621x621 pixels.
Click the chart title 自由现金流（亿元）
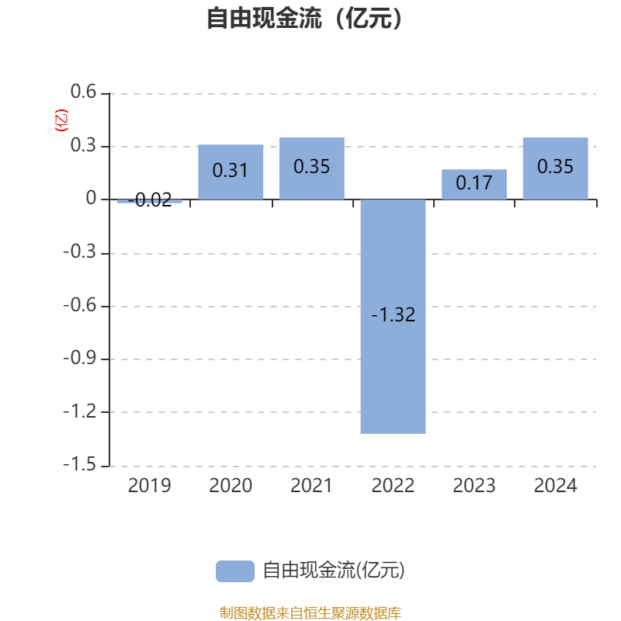(304, 18)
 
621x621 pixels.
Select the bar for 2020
(231, 172)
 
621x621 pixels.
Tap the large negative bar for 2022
(393, 317)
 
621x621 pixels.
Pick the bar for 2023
(474, 184)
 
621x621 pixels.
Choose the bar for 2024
(555, 168)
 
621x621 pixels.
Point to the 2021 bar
(312, 168)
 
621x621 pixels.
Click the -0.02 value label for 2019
(150, 200)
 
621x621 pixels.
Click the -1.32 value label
(394, 315)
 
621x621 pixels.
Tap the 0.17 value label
(474, 182)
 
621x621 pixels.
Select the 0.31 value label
(230, 170)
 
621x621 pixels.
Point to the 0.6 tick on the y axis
(83, 92)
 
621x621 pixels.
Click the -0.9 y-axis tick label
(80, 358)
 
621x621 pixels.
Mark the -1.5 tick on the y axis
(80, 463)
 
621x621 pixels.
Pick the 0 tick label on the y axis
(91, 198)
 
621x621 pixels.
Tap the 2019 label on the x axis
(149, 486)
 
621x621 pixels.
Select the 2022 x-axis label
(393, 486)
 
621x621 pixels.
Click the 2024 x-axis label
(555, 486)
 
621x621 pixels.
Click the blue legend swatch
(235, 571)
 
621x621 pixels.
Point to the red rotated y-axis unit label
(61, 120)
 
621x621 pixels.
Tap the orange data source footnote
(310, 612)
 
